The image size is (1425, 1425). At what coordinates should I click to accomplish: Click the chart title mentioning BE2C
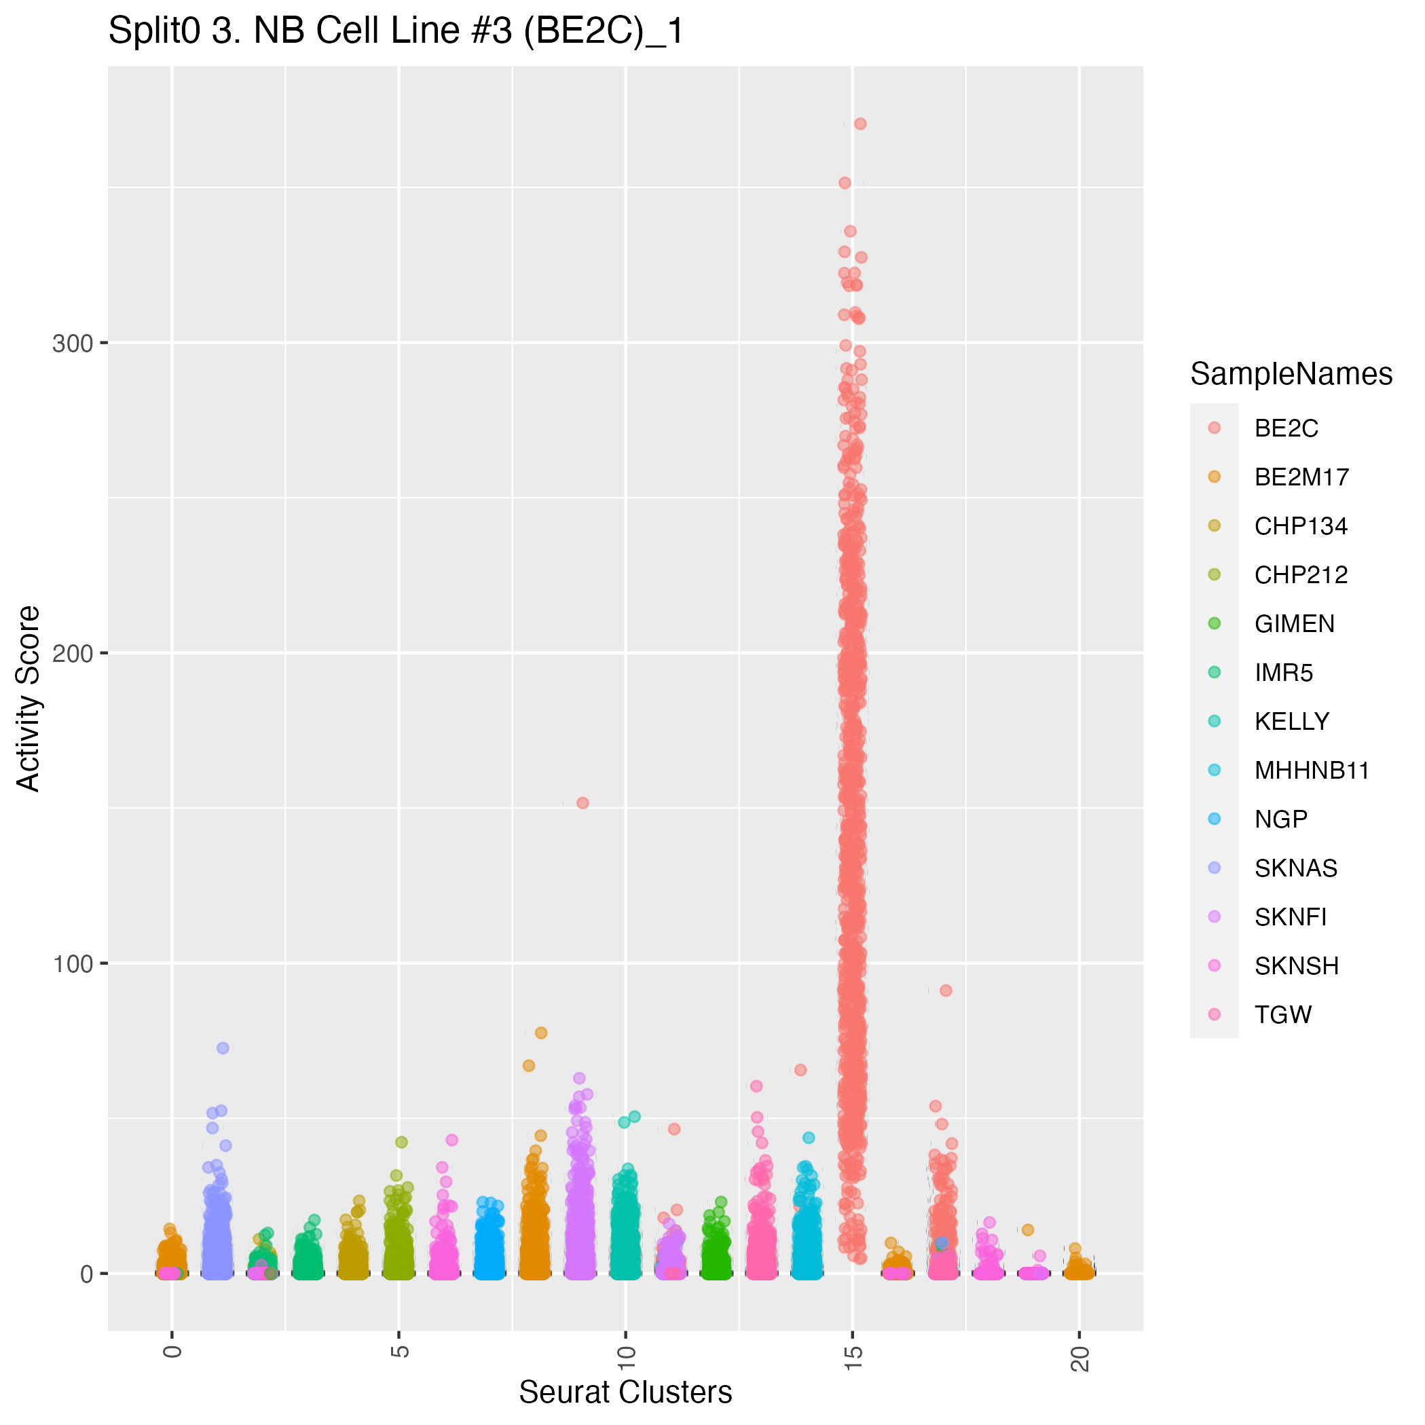[396, 32]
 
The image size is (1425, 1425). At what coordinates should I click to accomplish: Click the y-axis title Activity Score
[29, 699]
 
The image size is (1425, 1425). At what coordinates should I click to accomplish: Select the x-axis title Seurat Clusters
[625, 1392]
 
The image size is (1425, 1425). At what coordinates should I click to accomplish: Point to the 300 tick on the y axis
[72, 343]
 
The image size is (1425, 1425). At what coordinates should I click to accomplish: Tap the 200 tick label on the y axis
[72, 654]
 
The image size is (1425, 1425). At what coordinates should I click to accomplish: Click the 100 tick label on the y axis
[72, 963]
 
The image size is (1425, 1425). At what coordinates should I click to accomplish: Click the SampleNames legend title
[1291, 375]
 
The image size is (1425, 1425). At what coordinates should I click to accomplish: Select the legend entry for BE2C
[1286, 428]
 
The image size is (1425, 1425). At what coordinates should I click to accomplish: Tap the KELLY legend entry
[1291, 722]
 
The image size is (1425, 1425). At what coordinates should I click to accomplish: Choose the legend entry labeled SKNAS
[1295, 868]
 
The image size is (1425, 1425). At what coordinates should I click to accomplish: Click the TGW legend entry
[1282, 1015]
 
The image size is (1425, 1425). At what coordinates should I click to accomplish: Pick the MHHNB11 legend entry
[1312, 771]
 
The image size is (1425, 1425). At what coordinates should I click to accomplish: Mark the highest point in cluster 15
[860, 124]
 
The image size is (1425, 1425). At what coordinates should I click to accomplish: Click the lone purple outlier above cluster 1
[223, 1048]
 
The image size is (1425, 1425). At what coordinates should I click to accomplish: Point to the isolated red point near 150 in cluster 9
[582, 803]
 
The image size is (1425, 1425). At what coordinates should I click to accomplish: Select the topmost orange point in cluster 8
[540, 1033]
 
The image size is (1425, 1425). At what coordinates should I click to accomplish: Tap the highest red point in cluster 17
[946, 991]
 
